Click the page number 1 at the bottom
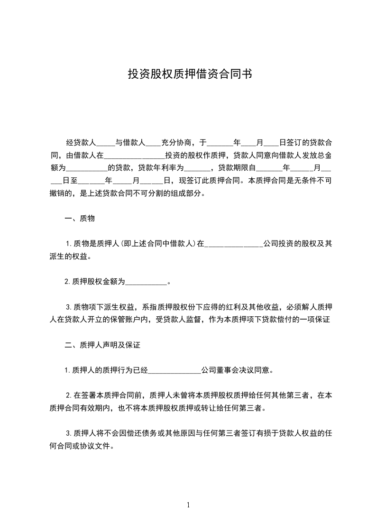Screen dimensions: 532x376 point(188,505)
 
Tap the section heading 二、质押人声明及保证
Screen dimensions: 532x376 point(102,345)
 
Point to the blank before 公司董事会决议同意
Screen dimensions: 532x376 point(174,370)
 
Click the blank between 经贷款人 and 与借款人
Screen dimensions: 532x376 point(106,143)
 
